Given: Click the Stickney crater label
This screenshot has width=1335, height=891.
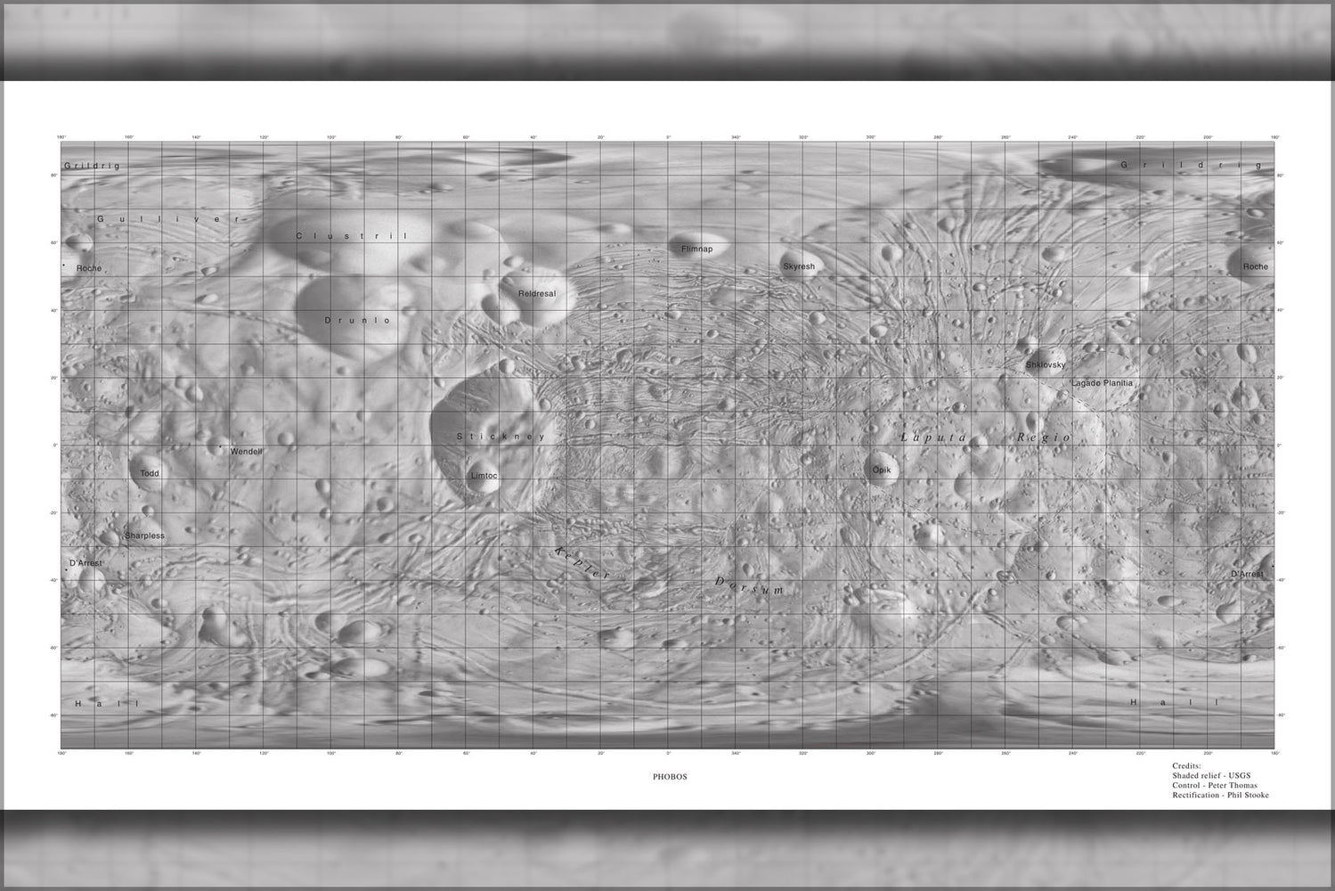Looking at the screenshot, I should point(501,437).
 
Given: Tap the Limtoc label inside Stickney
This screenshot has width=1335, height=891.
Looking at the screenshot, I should point(484,476).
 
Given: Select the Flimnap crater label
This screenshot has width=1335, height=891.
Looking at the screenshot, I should point(696,249).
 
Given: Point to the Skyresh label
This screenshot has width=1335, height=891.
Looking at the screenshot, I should point(799,266).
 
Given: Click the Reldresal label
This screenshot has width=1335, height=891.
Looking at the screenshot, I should point(537,294).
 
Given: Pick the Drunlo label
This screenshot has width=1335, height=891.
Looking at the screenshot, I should point(358,320).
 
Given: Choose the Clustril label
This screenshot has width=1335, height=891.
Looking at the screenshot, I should point(351,236).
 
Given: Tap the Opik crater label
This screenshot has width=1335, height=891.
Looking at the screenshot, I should point(881,470).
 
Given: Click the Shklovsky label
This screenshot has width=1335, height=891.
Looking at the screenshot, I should point(1046,365).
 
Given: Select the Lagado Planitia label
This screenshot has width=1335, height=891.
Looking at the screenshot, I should point(1102,383).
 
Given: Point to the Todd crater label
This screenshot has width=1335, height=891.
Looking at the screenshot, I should point(150,473).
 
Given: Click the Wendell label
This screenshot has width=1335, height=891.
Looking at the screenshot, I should point(247,452).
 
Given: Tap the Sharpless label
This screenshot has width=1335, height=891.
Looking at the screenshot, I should point(144,535).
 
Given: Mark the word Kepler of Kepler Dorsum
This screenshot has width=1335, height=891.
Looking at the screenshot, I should point(582,562).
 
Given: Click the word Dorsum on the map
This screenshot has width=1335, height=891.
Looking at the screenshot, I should point(750,585).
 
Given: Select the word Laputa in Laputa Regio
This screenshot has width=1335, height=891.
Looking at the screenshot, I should point(933,437).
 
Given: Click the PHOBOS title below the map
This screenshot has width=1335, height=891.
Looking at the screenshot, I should point(670,777).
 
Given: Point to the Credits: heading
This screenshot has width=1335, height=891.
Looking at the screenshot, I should point(1186,765).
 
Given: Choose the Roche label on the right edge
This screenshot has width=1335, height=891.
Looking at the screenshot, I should point(1255,266).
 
